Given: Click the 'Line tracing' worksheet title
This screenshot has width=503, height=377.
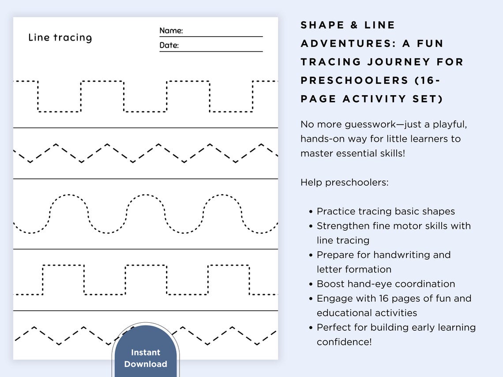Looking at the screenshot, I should (60, 37).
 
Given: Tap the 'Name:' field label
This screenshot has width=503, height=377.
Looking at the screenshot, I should (171, 30).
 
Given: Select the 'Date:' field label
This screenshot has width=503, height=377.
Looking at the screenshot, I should (169, 45).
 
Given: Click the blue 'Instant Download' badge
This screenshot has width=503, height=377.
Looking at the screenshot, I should (146, 358).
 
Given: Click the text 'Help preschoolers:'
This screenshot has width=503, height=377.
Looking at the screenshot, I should (345, 182).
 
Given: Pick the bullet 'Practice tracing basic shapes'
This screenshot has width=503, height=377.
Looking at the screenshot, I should (386, 211).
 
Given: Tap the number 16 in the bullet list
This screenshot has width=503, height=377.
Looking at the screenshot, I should (384, 298).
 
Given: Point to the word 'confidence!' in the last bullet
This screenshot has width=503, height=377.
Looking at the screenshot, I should (344, 342).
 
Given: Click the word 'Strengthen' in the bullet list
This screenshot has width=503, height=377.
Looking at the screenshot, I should (341, 226).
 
